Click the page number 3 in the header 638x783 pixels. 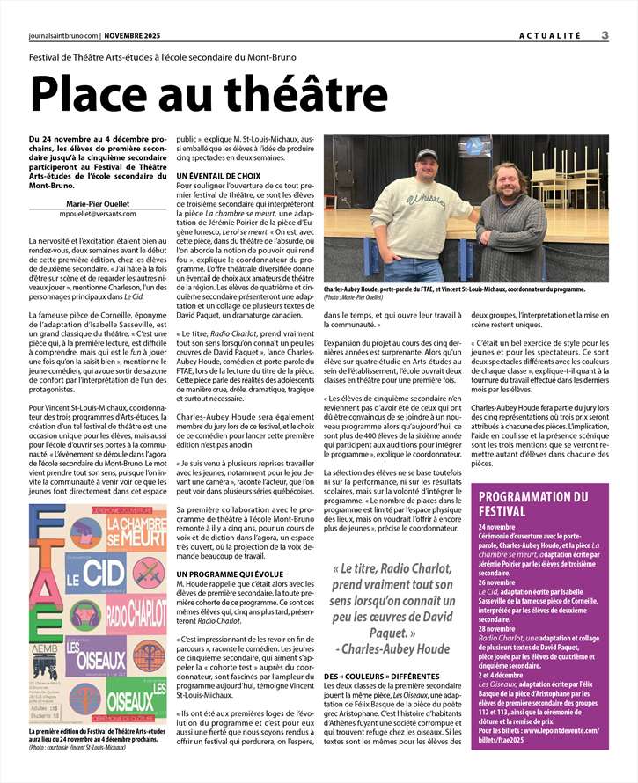605,35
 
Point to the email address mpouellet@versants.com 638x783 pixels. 99,213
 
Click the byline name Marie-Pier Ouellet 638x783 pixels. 98,202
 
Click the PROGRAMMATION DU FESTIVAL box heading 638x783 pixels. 533,502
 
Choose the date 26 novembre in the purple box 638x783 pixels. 497,582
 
